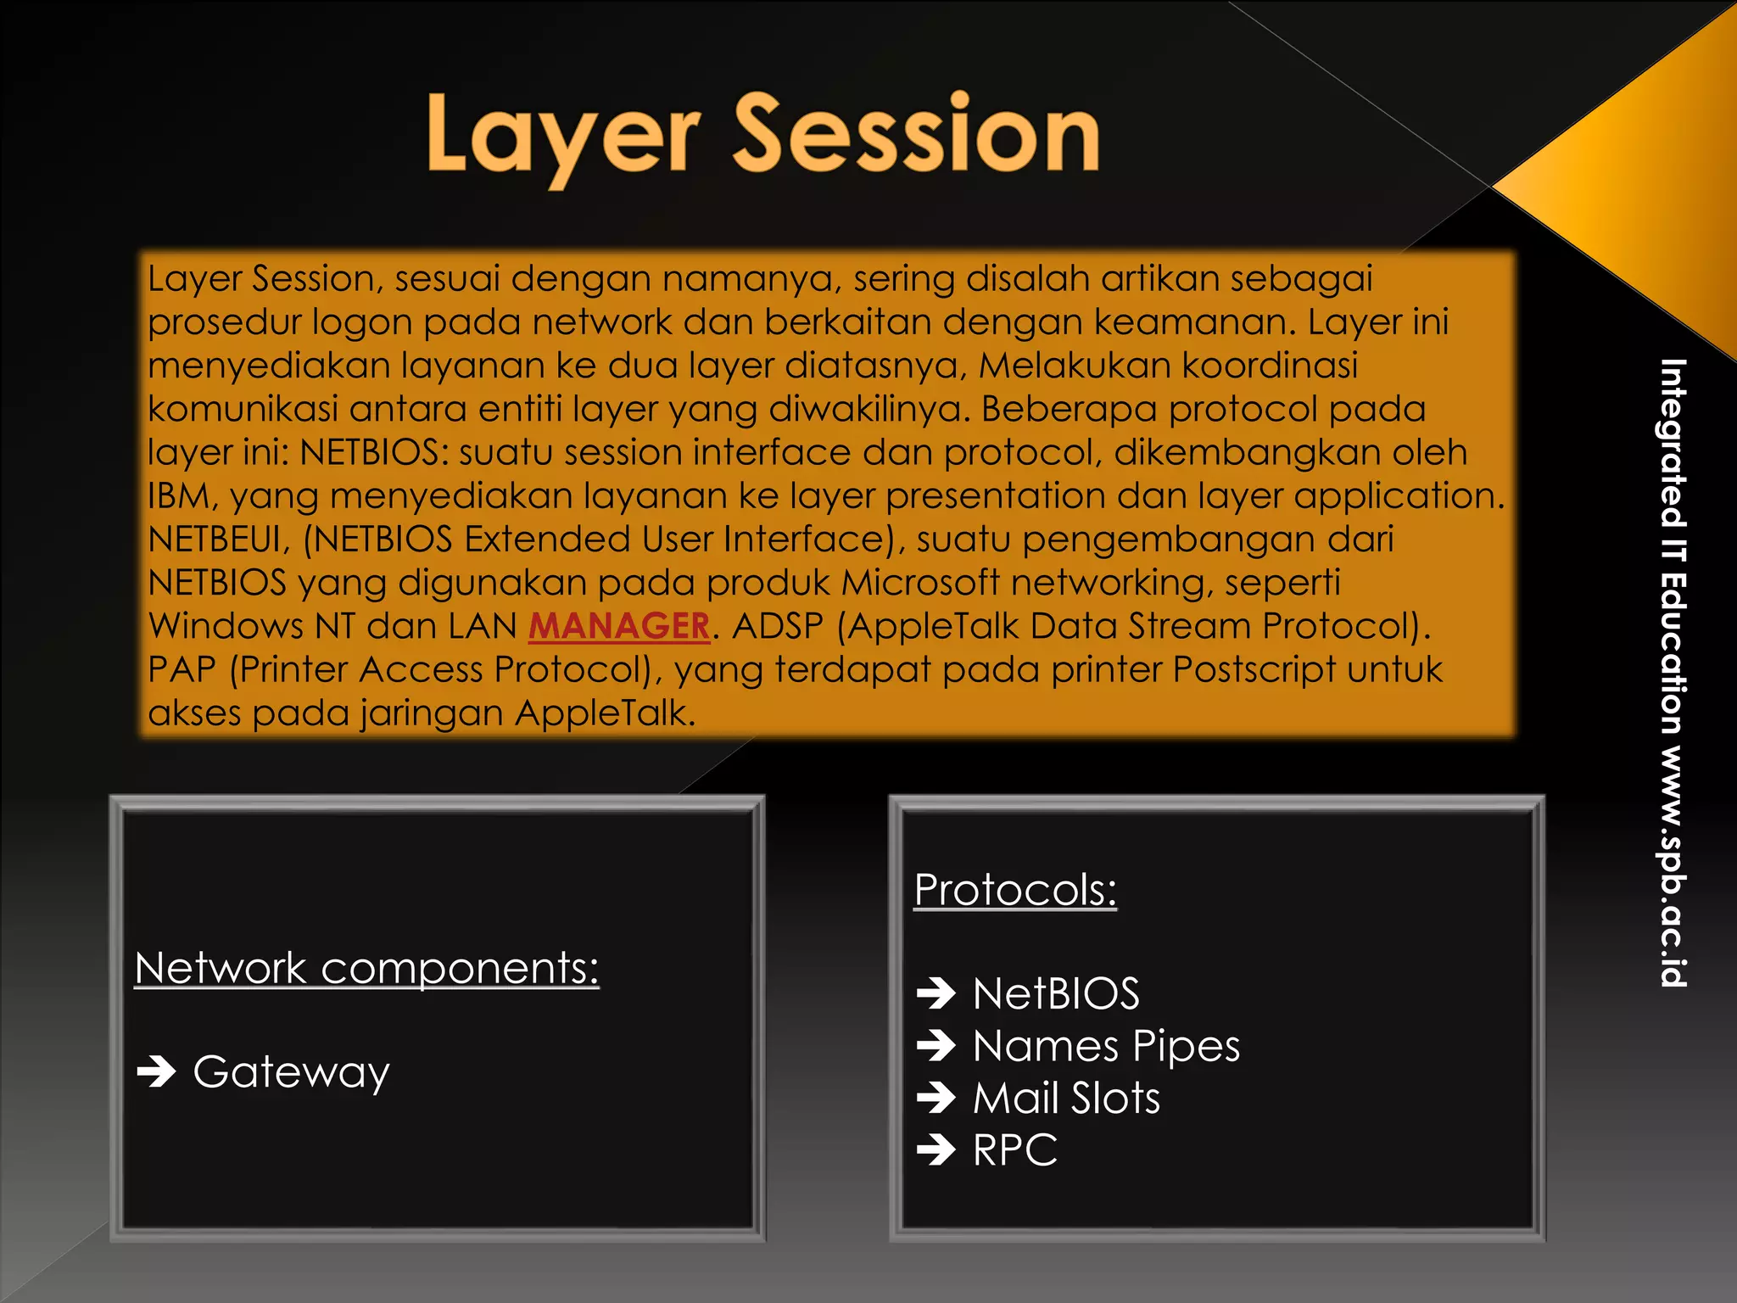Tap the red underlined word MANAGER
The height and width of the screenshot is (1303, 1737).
618,627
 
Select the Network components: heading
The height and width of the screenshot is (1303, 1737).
366,968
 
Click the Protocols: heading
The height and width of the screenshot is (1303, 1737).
1015,890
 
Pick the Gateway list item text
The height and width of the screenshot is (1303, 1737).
291,1072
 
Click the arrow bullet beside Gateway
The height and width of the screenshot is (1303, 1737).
156,1071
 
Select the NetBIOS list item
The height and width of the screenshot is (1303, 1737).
1056,993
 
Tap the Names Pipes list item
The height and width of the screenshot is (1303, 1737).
1106,1046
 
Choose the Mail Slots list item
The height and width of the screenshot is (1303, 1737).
1066,1099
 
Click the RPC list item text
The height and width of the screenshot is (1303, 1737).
1015,1151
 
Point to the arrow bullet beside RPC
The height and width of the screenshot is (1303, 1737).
936,1150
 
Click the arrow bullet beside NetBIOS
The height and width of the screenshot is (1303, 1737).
936,993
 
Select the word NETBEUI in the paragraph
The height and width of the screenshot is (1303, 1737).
217,540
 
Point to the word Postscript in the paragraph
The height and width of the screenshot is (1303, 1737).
1254,670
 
